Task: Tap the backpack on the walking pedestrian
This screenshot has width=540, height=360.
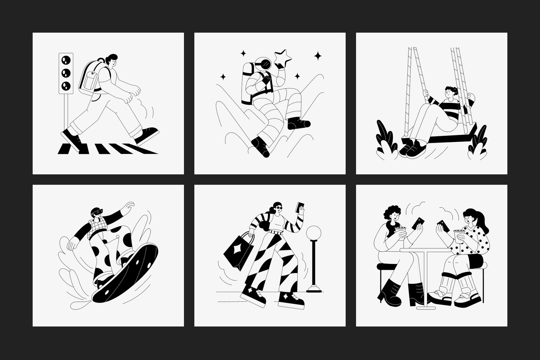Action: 89,76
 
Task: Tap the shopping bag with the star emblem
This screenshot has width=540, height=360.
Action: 238,250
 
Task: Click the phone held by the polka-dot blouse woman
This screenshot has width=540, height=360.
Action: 442,225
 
